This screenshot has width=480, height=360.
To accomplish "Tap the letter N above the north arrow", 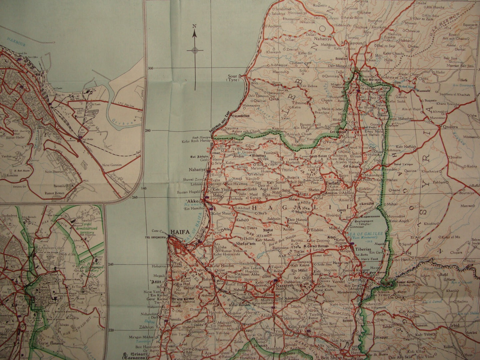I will pos(195,26).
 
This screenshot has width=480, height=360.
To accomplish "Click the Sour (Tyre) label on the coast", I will pos(234,78).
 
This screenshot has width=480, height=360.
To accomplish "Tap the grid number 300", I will pos(151,68).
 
